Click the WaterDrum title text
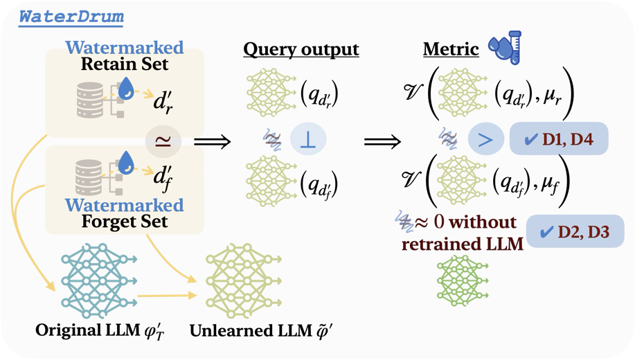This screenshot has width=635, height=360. pos(71,17)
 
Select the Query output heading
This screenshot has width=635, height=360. pos(301,50)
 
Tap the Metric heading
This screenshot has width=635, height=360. pos(451,50)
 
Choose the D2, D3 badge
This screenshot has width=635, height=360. pos(575,232)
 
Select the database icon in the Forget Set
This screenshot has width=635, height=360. pos(91,178)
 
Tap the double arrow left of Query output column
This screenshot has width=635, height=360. pos(212,141)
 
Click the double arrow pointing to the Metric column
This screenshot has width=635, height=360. pos(382,141)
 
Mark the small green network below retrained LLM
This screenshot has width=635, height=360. pos(462,280)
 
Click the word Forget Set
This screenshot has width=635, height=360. pos(115,222)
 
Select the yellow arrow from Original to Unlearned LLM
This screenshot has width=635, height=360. pos(167,296)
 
